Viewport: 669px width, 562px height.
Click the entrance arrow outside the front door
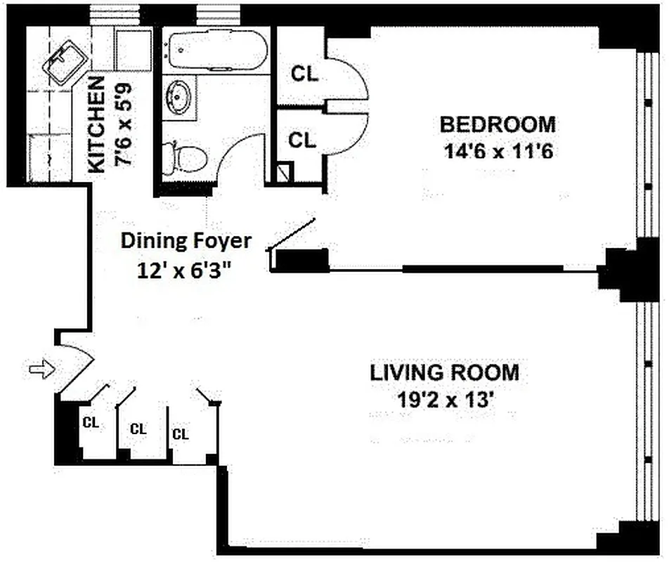(41, 369)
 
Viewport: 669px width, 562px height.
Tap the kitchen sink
(61, 64)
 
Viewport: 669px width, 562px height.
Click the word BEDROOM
(498, 124)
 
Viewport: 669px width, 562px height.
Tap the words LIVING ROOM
(446, 372)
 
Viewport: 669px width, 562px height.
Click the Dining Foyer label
(186, 241)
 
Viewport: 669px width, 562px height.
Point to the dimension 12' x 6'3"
(186, 268)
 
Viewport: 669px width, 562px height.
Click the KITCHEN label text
(96, 125)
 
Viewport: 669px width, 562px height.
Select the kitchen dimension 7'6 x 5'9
(124, 126)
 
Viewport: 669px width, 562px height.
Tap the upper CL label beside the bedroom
(304, 74)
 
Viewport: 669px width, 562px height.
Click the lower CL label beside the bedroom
(303, 140)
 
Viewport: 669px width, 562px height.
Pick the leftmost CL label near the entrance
(91, 423)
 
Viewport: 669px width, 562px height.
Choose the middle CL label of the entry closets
(138, 429)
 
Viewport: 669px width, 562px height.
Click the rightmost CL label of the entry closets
(181, 434)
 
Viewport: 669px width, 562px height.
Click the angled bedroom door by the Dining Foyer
(292, 235)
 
